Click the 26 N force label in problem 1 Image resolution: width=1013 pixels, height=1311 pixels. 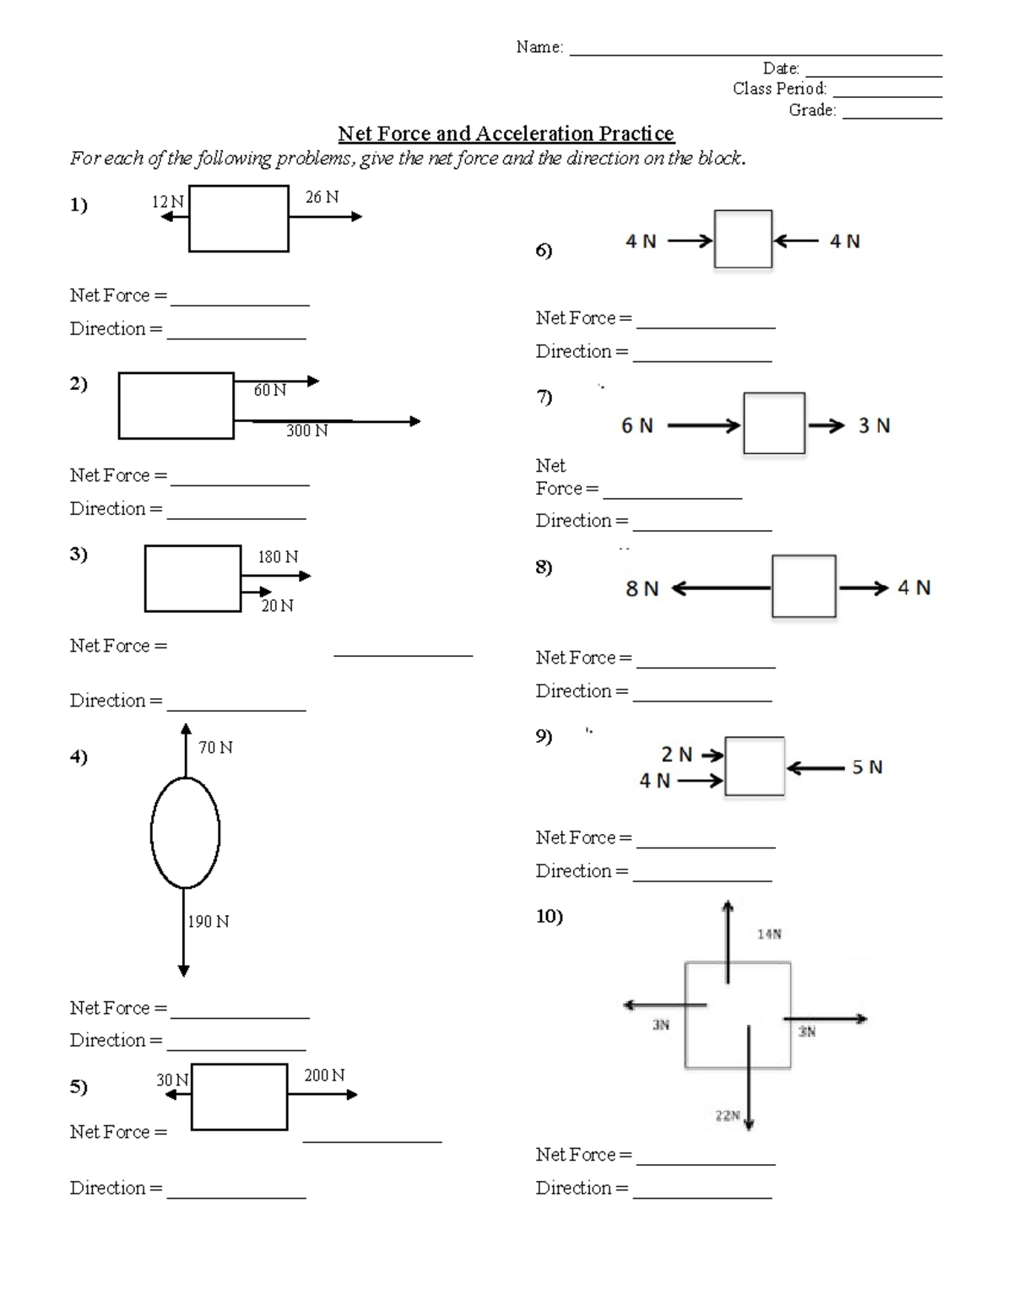[x=322, y=198]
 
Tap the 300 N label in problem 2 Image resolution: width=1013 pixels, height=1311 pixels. [x=306, y=431]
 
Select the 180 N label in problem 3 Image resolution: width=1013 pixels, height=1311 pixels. [x=278, y=557]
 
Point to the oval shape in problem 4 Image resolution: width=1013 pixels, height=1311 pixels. [x=185, y=832]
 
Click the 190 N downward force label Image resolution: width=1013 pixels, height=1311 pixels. [x=208, y=922]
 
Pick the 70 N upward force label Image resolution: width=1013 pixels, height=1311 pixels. [x=215, y=748]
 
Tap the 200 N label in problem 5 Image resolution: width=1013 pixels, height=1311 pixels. [x=324, y=1075]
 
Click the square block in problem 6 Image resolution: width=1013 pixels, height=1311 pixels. [x=743, y=240]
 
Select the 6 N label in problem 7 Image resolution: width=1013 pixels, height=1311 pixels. [x=637, y=426]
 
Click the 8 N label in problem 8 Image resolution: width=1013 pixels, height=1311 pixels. [x=642, y=589]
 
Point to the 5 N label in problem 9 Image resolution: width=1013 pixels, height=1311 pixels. [x=867, y=767]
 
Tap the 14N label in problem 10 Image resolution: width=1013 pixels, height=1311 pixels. [x=769, y=934]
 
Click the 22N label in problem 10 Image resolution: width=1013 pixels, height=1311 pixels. [x=727, y=1116]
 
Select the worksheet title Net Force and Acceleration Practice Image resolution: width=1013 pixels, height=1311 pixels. [x=506, y=134]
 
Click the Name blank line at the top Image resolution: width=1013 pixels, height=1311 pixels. [x=756, y=52]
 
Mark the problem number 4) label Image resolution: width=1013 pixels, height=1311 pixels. [x=79, y=757]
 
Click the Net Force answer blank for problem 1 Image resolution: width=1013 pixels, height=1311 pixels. [x=240, y=302]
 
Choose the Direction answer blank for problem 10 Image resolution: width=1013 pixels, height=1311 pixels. [x=702, y=1195]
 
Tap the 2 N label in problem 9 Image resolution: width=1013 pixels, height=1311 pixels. [x=676, y=755]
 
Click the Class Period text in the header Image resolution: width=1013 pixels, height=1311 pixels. [x=779, y=89]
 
